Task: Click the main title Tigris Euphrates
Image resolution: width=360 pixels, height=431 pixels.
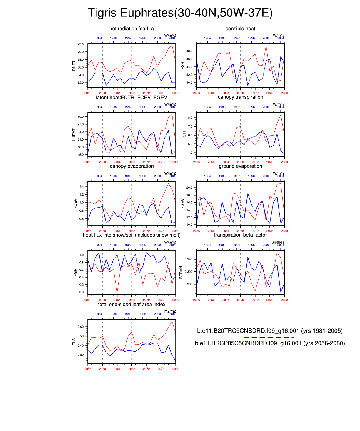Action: pos(180,13)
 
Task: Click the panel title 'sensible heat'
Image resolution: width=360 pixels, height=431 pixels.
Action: pos(240,29)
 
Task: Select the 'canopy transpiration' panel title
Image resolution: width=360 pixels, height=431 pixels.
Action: pos(240,97)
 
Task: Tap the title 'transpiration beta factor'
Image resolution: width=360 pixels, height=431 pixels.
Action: pos(240,235)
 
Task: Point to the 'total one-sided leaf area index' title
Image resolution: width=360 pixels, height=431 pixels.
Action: pos(131,304)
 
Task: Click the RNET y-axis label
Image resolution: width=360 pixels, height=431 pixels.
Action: pos(74,66)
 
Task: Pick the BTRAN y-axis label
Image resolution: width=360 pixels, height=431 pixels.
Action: pos(181,272)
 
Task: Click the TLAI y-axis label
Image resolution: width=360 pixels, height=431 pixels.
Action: pos(74,341)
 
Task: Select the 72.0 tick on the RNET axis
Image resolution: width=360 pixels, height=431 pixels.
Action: pos(81,44)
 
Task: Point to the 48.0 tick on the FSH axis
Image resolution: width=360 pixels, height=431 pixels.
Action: pos(189,51)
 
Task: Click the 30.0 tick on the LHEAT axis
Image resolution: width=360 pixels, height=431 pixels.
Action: pos(81,117)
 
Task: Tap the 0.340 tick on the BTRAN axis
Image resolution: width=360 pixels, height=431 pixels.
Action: pos(189,259)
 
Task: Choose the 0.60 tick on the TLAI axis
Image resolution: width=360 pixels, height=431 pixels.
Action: pos(81,327)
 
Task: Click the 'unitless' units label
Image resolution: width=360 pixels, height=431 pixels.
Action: pos(278,242)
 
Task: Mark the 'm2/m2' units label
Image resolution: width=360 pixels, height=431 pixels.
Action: pos(170,311)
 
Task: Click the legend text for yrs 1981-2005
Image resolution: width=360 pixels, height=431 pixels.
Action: pos(270,331)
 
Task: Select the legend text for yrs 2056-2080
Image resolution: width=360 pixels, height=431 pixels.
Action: pos(270,343)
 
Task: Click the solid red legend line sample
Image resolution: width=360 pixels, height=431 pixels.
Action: pos(268,350)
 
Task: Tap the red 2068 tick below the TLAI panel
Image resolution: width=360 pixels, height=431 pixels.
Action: pos(131,369)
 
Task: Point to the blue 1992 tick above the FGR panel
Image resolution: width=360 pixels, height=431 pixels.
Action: pos(128,245)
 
